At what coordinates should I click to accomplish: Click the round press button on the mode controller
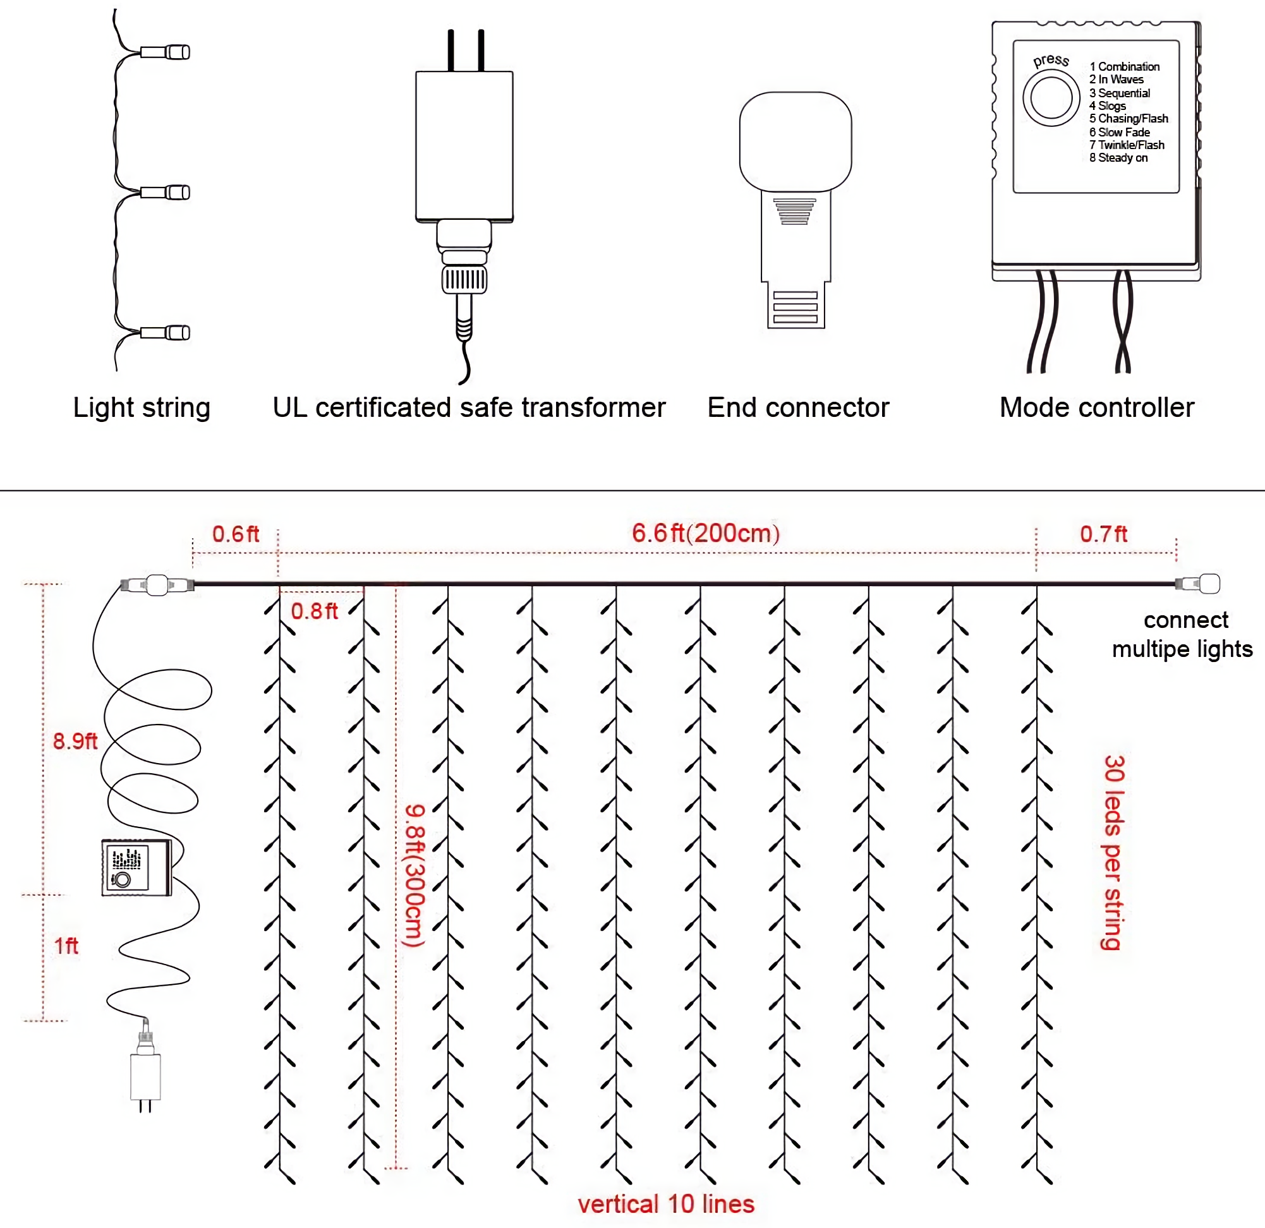pos(1051,98)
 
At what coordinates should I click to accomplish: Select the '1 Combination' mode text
pos(1124,66)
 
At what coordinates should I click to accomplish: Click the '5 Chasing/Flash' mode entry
pos(1128,119)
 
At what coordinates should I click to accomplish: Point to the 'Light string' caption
pos(142,408)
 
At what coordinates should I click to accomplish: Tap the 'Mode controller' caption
pos(1096,408)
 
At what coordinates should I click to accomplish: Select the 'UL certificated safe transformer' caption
pos(469,408)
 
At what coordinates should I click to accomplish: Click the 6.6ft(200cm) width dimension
pos(705,534)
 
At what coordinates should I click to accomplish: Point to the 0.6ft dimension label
pos(236,534)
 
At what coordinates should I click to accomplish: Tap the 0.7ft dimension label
pos(1104,534)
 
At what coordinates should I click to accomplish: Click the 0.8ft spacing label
pos(314,611)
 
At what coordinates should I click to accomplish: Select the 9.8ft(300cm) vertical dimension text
pos(415,876)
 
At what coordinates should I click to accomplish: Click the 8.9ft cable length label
pos(75,742)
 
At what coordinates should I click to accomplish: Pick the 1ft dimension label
pos(66,947)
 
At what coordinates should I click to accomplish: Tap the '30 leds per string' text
pos(1113,853)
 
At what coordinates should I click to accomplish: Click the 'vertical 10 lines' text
pos(665,1205)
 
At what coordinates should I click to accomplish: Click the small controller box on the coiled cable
pos(136,868)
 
